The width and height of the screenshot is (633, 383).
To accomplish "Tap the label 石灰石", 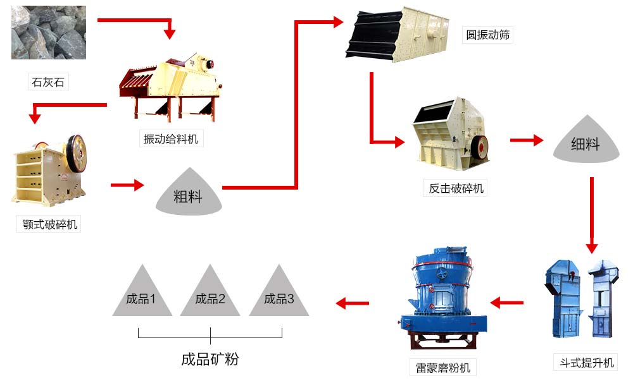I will coord(48,82).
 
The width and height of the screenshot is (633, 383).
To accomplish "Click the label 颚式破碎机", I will coord(49,224).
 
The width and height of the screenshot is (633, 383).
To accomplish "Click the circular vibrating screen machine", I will coord(399,35).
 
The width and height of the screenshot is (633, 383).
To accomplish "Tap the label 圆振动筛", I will coord(488,35).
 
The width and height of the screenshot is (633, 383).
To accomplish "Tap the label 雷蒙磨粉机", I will coord(443,367).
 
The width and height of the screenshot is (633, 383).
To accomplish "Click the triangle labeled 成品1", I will coord(142,295).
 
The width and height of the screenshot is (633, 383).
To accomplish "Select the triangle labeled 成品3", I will coord(279,295).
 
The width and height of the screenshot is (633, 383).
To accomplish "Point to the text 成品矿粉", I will coord(210,360).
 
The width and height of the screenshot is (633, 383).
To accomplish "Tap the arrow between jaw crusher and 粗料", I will coord(127,185).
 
